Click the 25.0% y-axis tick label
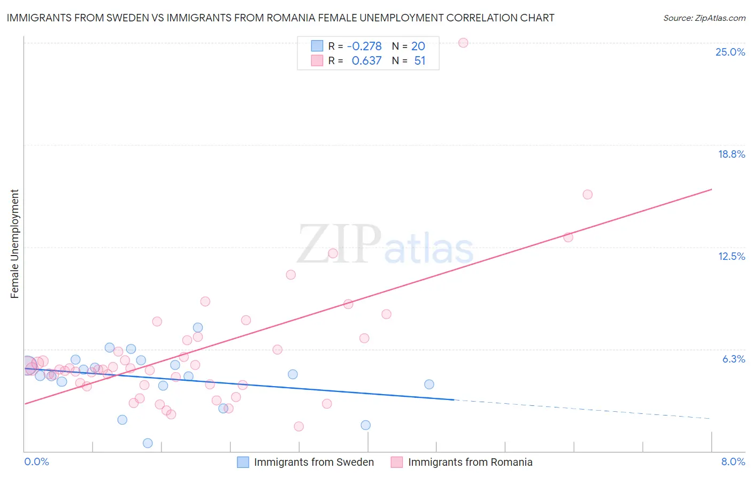(x=730, y=52)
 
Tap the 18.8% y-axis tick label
(x=731, y=154)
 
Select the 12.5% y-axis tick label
(x=731, y=256)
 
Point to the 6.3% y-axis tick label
(x=733, y=359)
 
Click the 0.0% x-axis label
(x=36, y=461)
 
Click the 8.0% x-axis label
(x=733, y=461)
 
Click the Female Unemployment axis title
(x=14, y=243)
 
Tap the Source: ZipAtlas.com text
(x=704, y=18)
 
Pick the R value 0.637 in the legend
(x=366, y=60)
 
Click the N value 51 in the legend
(x=420, y=60)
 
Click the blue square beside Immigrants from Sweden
(x=243, y=462)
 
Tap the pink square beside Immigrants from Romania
(x=396, y=462)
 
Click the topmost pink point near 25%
(x=463, y=43)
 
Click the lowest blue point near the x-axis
(x=148, y=443)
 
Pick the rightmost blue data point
(x=429, y=384)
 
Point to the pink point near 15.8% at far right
(x=587, y=194)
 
